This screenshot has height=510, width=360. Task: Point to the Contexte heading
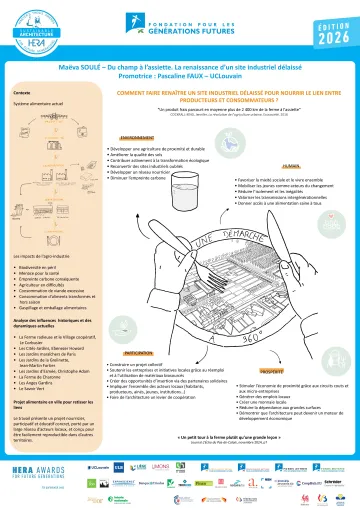tap(22, 91)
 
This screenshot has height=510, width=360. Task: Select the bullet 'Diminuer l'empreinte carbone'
tap(151, 181)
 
